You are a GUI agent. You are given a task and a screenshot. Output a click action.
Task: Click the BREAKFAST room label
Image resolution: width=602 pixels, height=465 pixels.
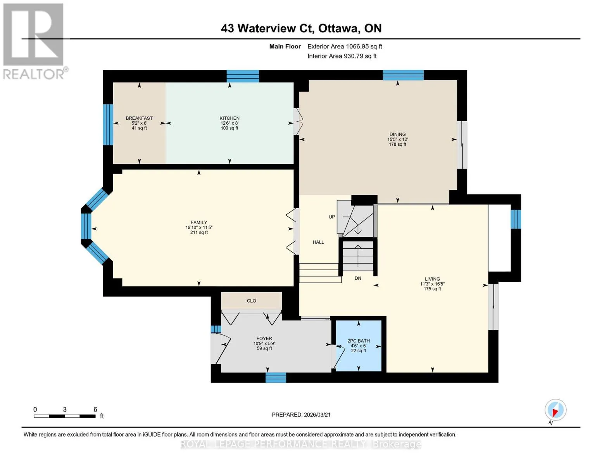pyautogui.click(x=139, y=118)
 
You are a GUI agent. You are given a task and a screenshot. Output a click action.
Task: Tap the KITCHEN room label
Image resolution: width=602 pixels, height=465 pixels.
pyautogui.click(x=229, y=118)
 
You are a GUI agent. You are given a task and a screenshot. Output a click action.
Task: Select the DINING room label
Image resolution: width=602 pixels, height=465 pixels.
pyautogui.click(x=397, y=134)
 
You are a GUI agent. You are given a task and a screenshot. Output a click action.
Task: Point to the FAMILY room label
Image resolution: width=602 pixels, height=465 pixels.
pyautogui.click(x=198, y=222)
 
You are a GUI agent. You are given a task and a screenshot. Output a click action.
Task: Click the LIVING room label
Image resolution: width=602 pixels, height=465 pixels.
pyautogui.click(x=432, y=279)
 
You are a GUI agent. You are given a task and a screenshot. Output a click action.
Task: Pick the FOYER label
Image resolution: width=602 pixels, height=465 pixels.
pyautogui.click(x=264, y=338)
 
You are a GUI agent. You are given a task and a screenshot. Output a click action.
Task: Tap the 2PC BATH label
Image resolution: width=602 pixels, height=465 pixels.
pyautogui.click(x=359, y=341)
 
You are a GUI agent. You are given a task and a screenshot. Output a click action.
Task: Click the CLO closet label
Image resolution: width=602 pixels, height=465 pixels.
pyautogui.click(x=251, y=301)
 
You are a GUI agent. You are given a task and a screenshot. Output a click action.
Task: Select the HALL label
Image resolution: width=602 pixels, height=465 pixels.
pyautogui.click(x=318, y=242)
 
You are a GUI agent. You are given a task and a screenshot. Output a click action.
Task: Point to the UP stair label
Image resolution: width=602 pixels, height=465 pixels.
pyautogui.click(x=331, y=217)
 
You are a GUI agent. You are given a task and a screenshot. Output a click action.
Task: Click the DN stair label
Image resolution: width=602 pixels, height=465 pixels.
pyautogui.click(x=358, y=278)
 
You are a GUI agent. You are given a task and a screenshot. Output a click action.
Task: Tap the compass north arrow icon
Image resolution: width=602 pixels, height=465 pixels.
pyautogui.click(x=555, y=410)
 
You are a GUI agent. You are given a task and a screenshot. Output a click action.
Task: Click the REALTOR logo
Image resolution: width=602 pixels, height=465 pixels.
pyautogui.click(x=34, y=41)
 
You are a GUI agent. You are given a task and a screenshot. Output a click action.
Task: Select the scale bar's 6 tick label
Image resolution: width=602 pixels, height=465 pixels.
pyautogui.click(x=95, y=409)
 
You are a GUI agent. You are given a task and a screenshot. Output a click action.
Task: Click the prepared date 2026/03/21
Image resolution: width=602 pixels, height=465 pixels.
pyautogui.click(x=317, y=415)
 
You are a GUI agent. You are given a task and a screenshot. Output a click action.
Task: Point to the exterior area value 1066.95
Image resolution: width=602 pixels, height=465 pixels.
pyautogui.click(x=356, y=46)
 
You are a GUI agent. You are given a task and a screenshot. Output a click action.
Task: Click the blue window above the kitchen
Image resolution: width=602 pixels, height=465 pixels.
pyautogui.click(x=243, y=76)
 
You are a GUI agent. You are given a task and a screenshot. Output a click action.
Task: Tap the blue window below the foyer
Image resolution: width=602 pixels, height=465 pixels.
pyautogui.click(x=276, y=377)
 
